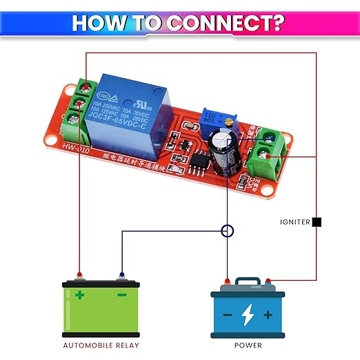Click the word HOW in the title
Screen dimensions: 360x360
(x=99, y=22)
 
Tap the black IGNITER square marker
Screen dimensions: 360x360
(x=317, y=222)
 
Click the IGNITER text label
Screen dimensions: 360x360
(x=295, y=222)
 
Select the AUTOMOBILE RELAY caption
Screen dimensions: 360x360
(x=101, y=345)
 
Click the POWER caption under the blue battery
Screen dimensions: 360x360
(x=248, y=345)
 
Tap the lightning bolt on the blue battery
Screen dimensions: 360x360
(x=248, y=314)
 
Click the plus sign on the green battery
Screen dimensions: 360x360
(x=81, y=295)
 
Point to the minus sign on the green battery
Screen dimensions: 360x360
(x=121, y=295)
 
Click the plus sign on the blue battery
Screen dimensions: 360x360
(x=268, y=314)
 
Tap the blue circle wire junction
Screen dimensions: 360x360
(x=228, y=231)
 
